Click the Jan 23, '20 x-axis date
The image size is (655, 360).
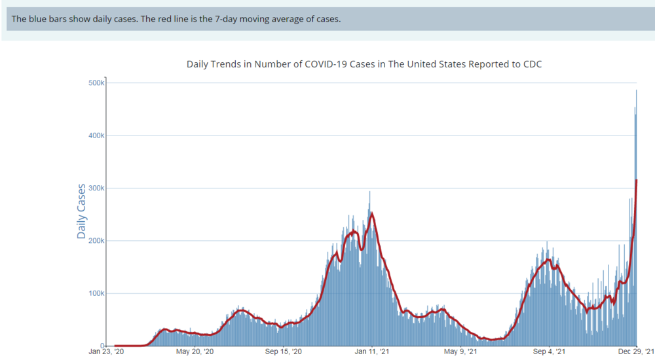click(107, 351)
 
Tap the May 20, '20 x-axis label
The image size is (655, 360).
click(195, 351)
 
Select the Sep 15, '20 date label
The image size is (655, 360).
click(283, 351)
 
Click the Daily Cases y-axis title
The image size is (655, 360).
click(82, 211)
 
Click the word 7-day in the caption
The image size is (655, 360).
click(238, 18)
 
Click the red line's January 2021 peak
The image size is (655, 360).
click(372, 213)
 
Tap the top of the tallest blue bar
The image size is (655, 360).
click(637, 90)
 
